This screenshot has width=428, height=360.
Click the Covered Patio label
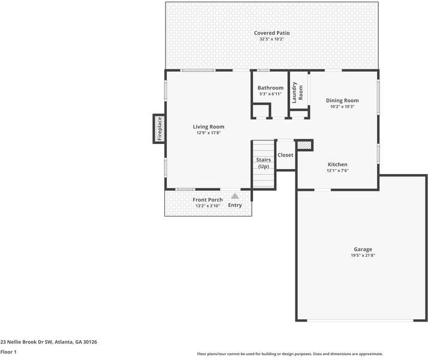point(272,33)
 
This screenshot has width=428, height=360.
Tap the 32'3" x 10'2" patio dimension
point(272,40)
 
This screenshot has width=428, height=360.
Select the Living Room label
point(209,127)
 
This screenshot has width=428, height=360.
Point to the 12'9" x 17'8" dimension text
point(209,133)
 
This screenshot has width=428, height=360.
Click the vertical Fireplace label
point(159,129)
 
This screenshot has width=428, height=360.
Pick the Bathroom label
point(270,88)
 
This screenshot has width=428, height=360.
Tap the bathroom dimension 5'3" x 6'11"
point(270,94)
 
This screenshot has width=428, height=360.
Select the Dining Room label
point(342,100)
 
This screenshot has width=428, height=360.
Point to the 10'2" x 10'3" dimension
point(342,107)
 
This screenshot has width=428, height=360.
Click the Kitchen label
point(337,164)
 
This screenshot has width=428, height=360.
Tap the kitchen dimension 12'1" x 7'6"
point(337,171)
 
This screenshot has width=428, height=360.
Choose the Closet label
point(285,155)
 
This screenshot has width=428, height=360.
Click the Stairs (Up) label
point(263,163)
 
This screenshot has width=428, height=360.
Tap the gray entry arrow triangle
point(235,196)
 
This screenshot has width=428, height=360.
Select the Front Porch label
point(207,200)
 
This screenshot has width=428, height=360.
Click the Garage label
point(363,249)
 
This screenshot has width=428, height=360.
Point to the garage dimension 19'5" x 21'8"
point(363,256)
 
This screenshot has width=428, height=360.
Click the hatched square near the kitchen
point(305,145)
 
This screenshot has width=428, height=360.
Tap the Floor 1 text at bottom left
point(8,352)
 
